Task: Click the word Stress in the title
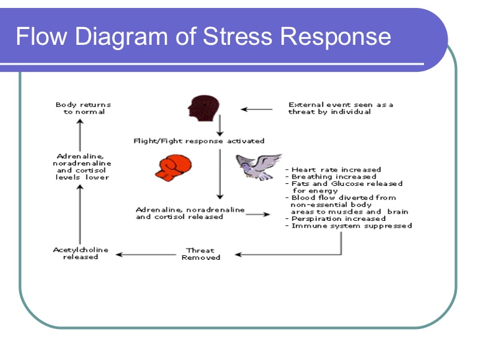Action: [237, 36]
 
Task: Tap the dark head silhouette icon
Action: [204, 108]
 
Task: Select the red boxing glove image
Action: [173, 167]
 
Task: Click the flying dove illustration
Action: [259, 167]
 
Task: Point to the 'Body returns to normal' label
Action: [83, 108]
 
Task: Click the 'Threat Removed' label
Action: [201, 254]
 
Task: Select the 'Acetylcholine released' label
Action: [81, 253]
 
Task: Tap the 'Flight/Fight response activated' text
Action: [199, 141]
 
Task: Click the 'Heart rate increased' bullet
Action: [334, 169]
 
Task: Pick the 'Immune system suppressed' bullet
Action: [349, 226]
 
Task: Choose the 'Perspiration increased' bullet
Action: [336, 219]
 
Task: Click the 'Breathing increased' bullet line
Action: [331, 177]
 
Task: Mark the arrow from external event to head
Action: [256, 109]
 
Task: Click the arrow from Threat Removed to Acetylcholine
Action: [146, 255]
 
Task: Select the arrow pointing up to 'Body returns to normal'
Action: [80, 135]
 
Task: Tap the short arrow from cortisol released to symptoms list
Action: [258, 214]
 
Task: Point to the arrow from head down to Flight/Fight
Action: [220, 125]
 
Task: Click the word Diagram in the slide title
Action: [121, 36]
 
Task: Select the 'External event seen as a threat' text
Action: [341, 108]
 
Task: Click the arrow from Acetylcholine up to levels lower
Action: [80, 214]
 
